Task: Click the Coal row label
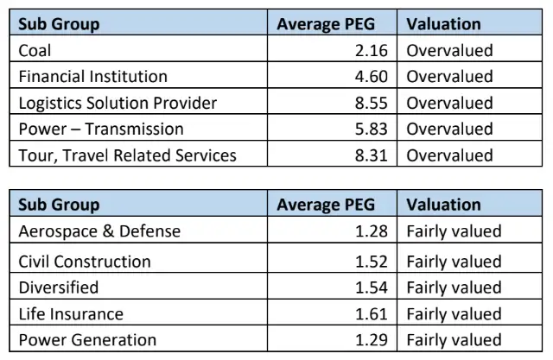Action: point(35,50)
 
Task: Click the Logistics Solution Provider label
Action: point(118,103)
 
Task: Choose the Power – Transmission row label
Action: point(100,129)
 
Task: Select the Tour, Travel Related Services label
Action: point(127,155)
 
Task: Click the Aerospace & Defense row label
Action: point(99,231)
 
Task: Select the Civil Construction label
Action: point(85,262)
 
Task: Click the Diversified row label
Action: point(59,287)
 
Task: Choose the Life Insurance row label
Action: point(71,313)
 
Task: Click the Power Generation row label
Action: point(87,340)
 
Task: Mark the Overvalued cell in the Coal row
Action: point(449,50)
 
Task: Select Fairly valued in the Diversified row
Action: point(454,287)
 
